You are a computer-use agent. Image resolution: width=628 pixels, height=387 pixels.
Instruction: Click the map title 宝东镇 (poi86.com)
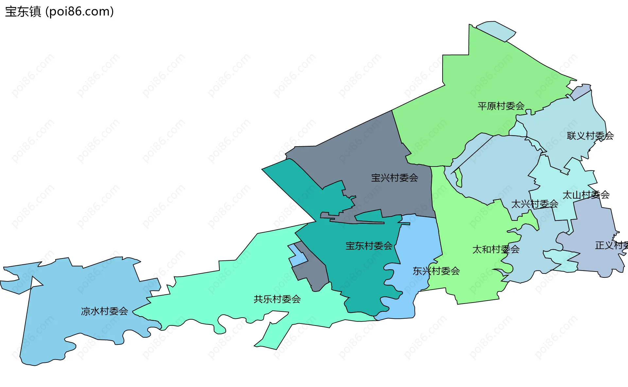[59, 11]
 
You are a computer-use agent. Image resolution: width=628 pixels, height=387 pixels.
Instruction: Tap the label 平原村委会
[501, 106]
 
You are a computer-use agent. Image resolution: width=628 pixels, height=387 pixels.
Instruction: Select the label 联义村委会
[590, 136]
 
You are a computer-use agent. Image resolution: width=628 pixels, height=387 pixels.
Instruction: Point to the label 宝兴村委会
[394, 178]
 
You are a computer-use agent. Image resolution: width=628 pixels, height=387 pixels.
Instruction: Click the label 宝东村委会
[369, 246]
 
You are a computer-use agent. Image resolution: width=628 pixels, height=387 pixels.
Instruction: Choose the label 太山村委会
[586, 195]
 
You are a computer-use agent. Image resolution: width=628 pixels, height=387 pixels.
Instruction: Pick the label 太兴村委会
[534, 204]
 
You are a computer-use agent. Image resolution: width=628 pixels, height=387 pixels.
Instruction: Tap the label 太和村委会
[496, 250]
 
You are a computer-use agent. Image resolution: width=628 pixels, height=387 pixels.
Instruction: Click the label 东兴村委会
[436, 271]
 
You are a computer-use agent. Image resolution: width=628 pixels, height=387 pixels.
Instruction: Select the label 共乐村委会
[277, 299]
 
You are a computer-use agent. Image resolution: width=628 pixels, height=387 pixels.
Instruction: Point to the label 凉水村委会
[104, 311]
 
